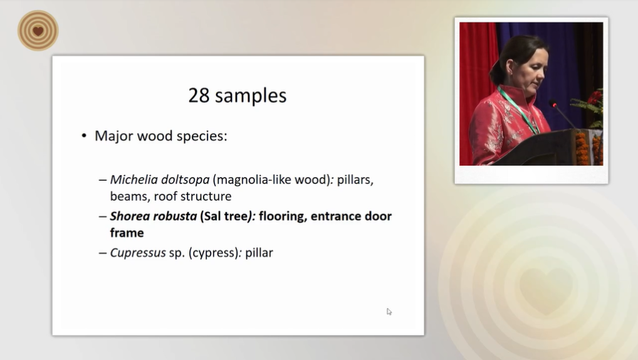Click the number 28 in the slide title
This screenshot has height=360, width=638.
tap(199, 96)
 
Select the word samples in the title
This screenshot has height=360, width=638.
tap(251, 96)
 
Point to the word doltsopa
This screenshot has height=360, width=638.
tap(185, 180)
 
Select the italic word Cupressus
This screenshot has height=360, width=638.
tap(138, 253)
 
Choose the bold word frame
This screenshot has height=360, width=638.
tap(127, 233)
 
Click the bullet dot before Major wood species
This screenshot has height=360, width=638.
tap(84, 136)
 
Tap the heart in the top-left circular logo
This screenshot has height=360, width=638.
tap(38, 31)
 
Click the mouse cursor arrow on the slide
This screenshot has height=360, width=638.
tap(389, 312)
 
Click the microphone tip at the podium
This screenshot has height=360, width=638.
tap(553, 103)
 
